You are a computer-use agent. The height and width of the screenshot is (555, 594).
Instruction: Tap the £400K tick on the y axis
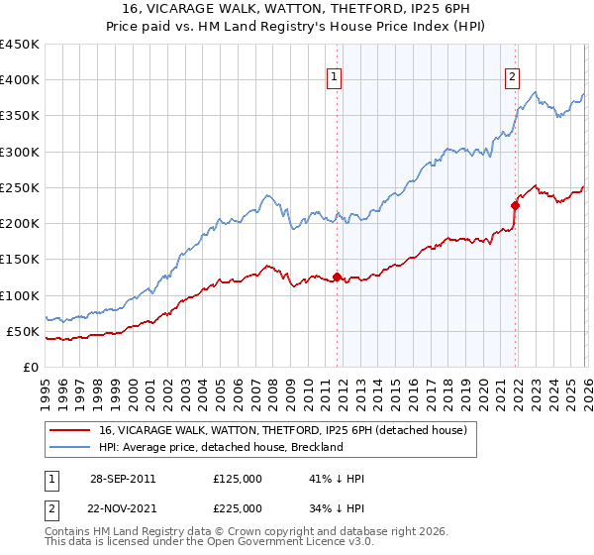(x=19, y=80)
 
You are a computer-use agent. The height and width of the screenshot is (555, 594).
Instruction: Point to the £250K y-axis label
(x=19, y=187)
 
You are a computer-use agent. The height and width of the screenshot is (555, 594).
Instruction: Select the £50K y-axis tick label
(x=23, y=331)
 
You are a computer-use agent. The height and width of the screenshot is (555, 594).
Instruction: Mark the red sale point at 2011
(x=337, y=277)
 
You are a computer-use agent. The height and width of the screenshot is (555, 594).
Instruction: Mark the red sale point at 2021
(x=515, y=205)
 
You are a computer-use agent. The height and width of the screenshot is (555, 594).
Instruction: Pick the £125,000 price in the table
(x=238, y=479)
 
